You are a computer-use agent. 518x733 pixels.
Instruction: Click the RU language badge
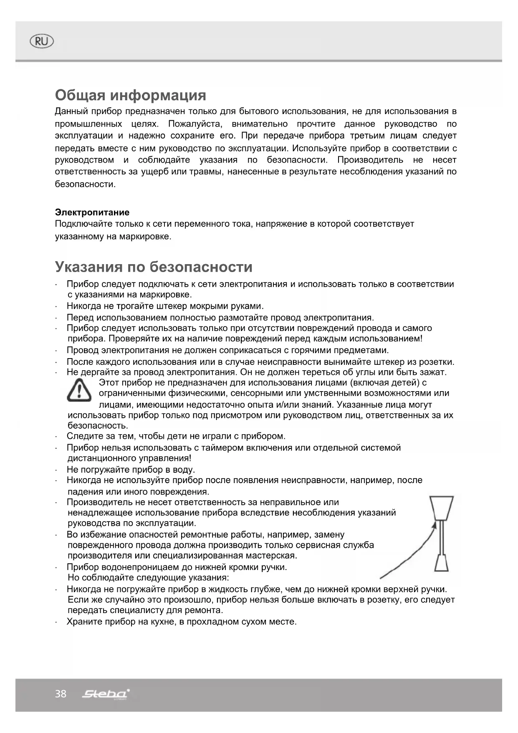(42, 41)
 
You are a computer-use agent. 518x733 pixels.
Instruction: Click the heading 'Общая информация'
(130, 95)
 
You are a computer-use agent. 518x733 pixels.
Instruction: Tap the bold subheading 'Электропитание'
(92, 212)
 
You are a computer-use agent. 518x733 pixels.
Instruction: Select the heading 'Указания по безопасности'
(154, 267)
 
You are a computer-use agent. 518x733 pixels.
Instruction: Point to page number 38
(61, 694)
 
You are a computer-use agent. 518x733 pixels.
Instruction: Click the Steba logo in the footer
(106, 694)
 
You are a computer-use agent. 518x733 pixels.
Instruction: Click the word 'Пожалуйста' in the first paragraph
(195, 124)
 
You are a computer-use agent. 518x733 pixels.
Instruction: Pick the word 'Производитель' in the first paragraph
(370, 160)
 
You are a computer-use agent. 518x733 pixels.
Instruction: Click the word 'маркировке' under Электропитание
(145, 237)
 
